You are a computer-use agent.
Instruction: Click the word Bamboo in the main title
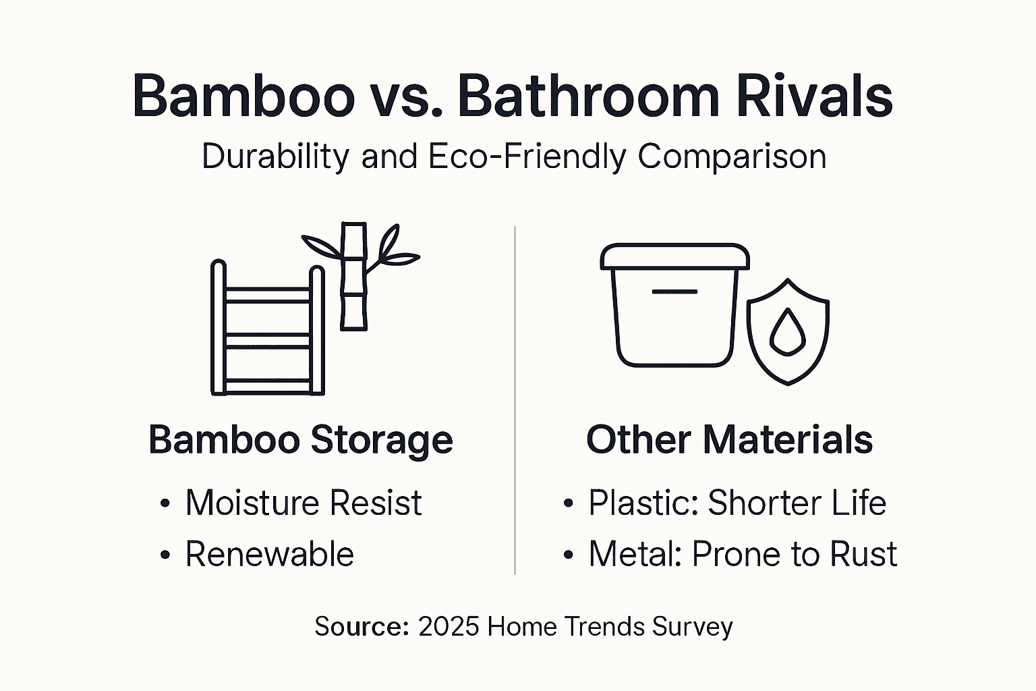[244, 96]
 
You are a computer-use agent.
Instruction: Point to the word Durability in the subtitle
[275, 157]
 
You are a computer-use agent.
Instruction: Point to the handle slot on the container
[674, 292]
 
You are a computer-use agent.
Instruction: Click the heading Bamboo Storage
[300, 440]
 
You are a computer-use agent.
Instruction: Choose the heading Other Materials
[729, 440]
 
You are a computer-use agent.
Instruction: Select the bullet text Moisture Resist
[304, 503]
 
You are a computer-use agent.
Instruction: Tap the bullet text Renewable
[269, 555]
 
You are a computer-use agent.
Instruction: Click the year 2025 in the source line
[449, 627]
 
